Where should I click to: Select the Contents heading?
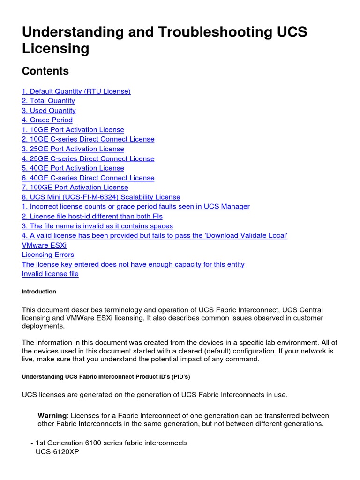[45, 71]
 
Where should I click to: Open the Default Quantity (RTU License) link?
[76, 91]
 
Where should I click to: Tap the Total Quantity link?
[48, 101]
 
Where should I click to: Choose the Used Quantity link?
[49, 111]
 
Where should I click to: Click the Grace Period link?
[47, 120]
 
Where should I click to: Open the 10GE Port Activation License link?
[73, 130]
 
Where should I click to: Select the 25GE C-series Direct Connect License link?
[88, 158]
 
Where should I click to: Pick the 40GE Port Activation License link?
[73, 168]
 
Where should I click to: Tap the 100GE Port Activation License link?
[75, 187]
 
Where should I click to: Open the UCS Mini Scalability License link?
[101, 197]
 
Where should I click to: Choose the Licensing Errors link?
[48, 255]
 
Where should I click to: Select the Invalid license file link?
[50, 274]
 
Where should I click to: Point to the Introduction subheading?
[39, 292]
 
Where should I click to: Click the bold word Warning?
[52, 416]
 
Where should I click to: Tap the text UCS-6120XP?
[54, 453]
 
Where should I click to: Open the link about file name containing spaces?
[97, 226]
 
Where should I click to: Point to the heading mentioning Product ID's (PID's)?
[106, 377]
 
